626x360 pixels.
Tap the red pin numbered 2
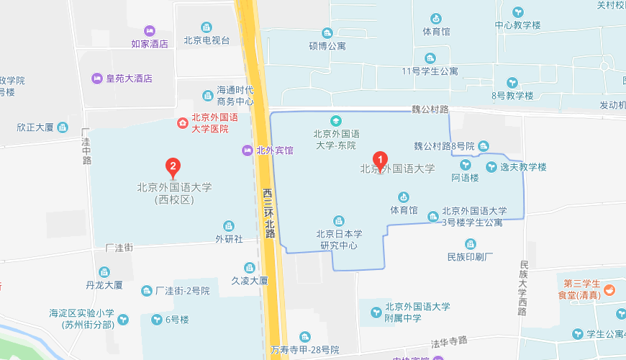coord(173,168)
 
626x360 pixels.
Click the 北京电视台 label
coord(207,40)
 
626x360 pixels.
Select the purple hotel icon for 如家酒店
coord(150,31)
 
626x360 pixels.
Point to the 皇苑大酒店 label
coord(130,78)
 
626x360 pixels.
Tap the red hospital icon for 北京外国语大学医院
coord(183,124)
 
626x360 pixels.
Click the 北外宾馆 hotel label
coord(275,150)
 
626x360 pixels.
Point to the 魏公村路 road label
coord(430,109)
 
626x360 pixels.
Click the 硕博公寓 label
coord(327,46)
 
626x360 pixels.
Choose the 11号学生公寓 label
coord(430,71)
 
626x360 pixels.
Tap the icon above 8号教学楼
coord(512,83)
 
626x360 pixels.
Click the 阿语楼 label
coord(465,178)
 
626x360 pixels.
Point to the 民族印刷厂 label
coord(470,256)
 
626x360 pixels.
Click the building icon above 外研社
coord(229,226)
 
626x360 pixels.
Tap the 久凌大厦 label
coord(250,281)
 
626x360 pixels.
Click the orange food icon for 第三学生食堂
coord(609,289)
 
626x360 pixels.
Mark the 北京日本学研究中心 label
coord(339,239)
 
